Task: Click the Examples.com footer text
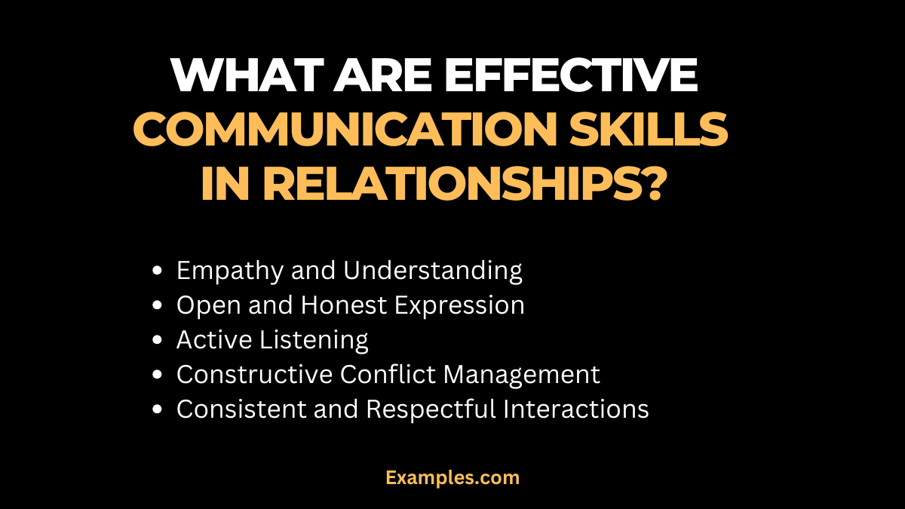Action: click(452, 477)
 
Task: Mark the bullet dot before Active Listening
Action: click(157, 341)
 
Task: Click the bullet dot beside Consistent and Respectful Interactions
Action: click(157, 409)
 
